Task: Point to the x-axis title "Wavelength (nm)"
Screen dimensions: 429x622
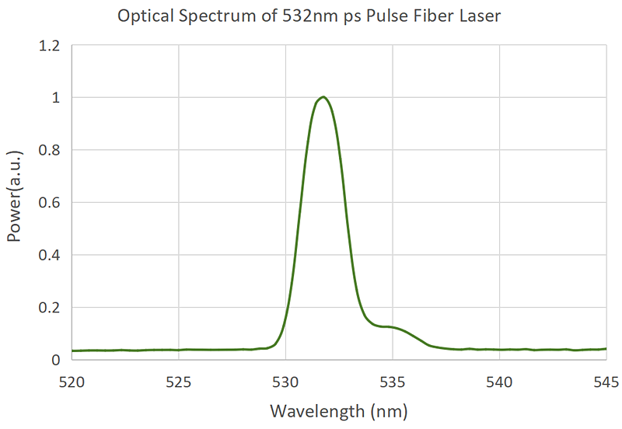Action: pyautogui.click(x=338, y=410)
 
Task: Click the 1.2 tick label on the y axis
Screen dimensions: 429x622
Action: pyautogui.click(x=49, y=46)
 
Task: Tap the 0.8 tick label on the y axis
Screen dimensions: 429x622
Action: pyautogui.click(x=49, y=151)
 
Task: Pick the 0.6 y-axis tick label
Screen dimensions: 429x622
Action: pyautogui.click(x=49, y=203)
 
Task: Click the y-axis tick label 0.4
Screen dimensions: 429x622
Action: pyautogui.click(x=49, y=256)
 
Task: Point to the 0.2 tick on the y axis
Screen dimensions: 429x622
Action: pyautogui.click(x=49, y=308)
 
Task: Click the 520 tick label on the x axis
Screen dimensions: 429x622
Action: pyautogui.click(x=72, y=381)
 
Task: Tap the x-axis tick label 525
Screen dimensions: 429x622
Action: pyautogui.click(x=179, y=381)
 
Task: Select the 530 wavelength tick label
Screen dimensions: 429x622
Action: pyautogui.click(x=285, y=381)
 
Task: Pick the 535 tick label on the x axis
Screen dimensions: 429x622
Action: pyautogui.click(x=393, y=381)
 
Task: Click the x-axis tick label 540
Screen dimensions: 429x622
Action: pyautogui.click(x=499, y=381)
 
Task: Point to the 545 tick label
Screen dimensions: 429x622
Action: pyautogui.click(x=606, y=381)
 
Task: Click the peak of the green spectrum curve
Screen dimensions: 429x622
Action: pyautogui.click(x=322, y=97)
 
